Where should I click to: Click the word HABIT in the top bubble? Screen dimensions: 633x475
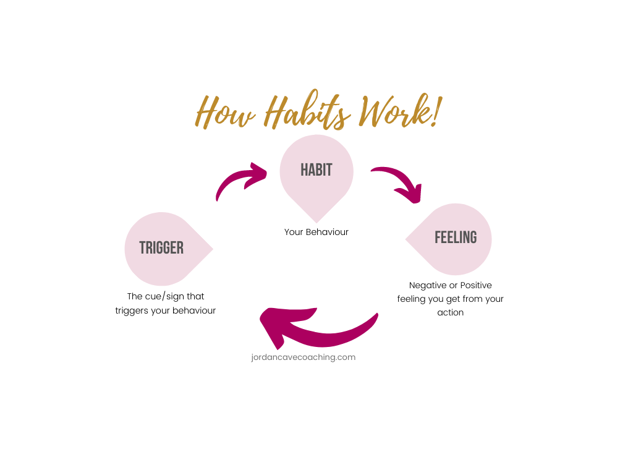coord(316,169)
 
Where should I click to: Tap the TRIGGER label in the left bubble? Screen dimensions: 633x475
coord(161,248)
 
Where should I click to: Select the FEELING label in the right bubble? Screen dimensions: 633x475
coord(456,237)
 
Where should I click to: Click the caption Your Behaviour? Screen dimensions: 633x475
coord(316,233)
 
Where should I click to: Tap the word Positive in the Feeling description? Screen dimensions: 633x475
coord(476,286)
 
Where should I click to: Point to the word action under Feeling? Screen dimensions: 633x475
coord(451,312)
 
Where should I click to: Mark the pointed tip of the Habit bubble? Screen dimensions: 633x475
coord(316,221)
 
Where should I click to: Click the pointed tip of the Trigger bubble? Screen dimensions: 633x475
coord(212,249)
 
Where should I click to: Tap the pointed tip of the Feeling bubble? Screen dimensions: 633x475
coord(407,239)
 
